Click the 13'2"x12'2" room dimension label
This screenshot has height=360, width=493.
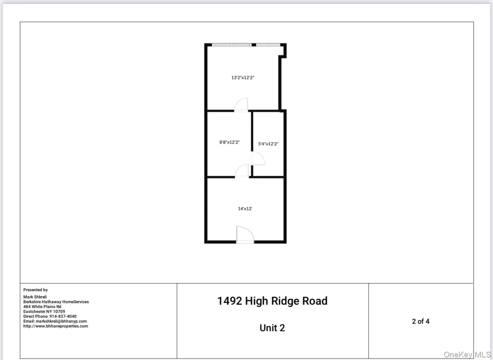tap(242, 78)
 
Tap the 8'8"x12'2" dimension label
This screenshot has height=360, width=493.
tap(229, 142)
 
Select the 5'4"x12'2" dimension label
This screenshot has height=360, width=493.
tap(268, 144)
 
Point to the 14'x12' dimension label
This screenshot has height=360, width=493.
tap(245, 209)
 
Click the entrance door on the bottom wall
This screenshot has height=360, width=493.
tap(245, 236)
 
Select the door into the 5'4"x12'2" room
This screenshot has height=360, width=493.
tap(258, 159)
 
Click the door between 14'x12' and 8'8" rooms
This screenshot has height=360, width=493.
tap(242, 171)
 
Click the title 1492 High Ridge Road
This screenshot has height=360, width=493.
tap(272, 301)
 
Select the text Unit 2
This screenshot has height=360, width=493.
tap(272, 328)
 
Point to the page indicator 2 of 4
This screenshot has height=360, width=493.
tap(421, 321)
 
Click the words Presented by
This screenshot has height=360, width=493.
tap(35, 290)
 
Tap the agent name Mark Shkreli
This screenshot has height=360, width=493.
tap(35, 297)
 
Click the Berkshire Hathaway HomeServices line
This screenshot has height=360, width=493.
tap(56, 302)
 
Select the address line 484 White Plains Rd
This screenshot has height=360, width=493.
tap(42, 307)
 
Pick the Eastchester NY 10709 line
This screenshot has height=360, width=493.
tap(44, 311)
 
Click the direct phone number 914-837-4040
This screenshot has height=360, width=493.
tap(63, 316)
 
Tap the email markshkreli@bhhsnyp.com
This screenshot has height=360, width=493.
tap(61, 321)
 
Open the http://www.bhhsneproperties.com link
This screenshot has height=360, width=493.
tap(56, 326)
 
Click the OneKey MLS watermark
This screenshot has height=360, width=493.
tap(467, 354)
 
